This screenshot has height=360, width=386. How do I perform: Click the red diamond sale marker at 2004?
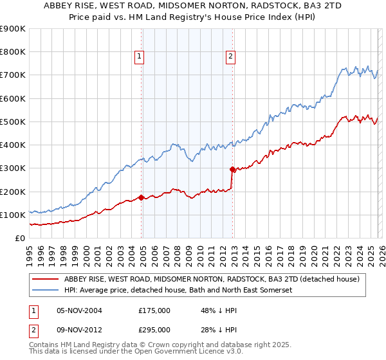coord(141,197)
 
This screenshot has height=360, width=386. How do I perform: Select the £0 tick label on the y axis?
coord(19,238)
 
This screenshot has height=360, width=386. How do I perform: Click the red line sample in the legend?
coord(46,279)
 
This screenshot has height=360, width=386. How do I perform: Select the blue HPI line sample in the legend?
coord(46,290)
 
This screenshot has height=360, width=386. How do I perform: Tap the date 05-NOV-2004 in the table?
coord(79,310)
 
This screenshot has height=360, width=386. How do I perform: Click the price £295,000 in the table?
coord(154,329)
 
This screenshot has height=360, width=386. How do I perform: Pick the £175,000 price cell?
coord(154,310)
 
